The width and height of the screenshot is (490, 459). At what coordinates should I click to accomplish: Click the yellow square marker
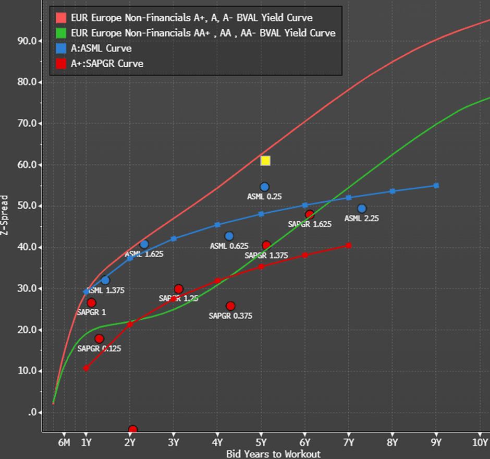tap(265, 161)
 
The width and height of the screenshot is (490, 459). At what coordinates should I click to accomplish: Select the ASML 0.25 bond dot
tap(264, 187)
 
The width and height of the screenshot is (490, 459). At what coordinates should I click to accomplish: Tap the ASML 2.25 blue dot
tap(362, 209)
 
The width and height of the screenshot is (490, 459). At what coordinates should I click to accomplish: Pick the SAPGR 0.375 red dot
tap(230, 306)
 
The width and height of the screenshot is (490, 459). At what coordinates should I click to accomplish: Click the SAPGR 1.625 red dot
tap(310, 214)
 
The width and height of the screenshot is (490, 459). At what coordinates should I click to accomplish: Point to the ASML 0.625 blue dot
tap(229, 236)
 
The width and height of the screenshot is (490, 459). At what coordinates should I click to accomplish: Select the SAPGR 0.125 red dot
tap(99, 339)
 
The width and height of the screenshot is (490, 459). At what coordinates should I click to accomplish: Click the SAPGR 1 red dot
tap(91, 303)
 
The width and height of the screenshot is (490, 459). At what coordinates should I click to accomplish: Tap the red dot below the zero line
tap(132, 429)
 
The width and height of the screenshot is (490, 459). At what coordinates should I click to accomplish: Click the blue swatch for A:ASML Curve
tap(61, 49)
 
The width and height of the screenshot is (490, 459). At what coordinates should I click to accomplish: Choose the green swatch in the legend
tap(61, 33)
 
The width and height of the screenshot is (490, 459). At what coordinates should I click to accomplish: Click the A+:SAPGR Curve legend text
tap(107, 64)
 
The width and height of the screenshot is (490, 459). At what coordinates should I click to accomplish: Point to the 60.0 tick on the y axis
tap(26, 165)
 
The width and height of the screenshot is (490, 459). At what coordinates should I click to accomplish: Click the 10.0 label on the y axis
tap(26, 371)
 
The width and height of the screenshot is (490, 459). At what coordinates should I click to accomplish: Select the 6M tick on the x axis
tap(64, 442)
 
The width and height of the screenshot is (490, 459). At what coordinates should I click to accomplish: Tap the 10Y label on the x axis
tap(480, 442)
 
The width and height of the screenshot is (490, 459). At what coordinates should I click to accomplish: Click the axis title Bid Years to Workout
tap(273, 454)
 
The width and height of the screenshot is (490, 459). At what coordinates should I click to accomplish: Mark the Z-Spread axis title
tap(5, 215)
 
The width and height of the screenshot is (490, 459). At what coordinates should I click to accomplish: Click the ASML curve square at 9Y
tap(436, 186)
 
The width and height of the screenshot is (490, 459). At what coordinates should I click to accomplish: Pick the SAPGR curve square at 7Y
tap(349, 245)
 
